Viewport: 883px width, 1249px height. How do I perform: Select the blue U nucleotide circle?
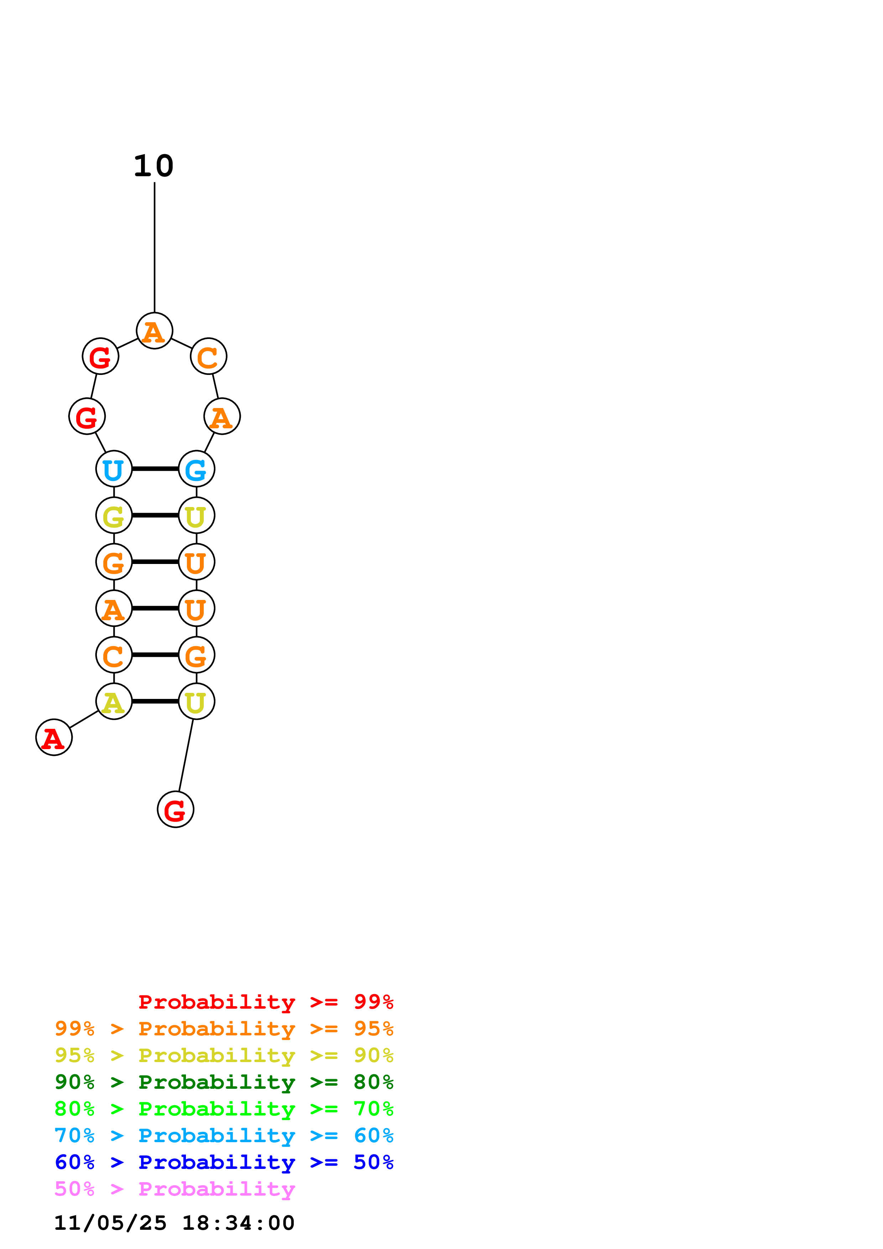114,469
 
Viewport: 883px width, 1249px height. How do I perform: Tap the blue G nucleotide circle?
196,469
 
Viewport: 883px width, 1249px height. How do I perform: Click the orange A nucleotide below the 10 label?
155,331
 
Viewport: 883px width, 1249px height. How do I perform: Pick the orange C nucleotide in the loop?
208,356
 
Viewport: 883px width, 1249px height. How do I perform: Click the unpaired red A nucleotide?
54,737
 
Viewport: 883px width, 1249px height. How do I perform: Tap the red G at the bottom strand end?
175,809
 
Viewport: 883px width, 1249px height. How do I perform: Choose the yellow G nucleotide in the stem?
114,515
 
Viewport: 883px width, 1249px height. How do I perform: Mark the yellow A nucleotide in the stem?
114,701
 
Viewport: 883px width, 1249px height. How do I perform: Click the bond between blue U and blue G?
155,469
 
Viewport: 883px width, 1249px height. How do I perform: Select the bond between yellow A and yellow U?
155,701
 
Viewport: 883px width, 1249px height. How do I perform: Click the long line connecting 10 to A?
155,247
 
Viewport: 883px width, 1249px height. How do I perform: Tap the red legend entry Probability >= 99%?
265,1002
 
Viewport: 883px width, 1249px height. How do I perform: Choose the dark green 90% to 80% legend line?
224,1082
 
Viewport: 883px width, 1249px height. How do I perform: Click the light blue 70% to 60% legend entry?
224,1135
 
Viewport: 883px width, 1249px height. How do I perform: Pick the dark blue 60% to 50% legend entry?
224,1162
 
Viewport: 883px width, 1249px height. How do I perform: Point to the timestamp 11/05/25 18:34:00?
174,1223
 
